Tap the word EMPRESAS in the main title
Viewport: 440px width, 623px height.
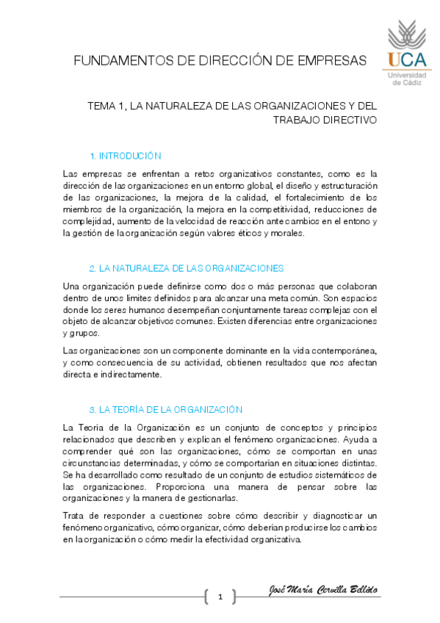(333, 60)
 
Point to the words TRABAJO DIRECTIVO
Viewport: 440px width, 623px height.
(325, 120)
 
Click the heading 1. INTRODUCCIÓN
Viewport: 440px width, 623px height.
(125, 156)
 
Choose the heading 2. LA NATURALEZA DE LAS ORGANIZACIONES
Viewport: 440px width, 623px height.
(186, 268)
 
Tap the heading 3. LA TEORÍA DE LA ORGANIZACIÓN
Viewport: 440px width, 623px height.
(165, 409)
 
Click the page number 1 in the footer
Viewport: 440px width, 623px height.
(220, 597)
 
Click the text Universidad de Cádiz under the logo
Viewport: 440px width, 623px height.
(405, 79)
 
